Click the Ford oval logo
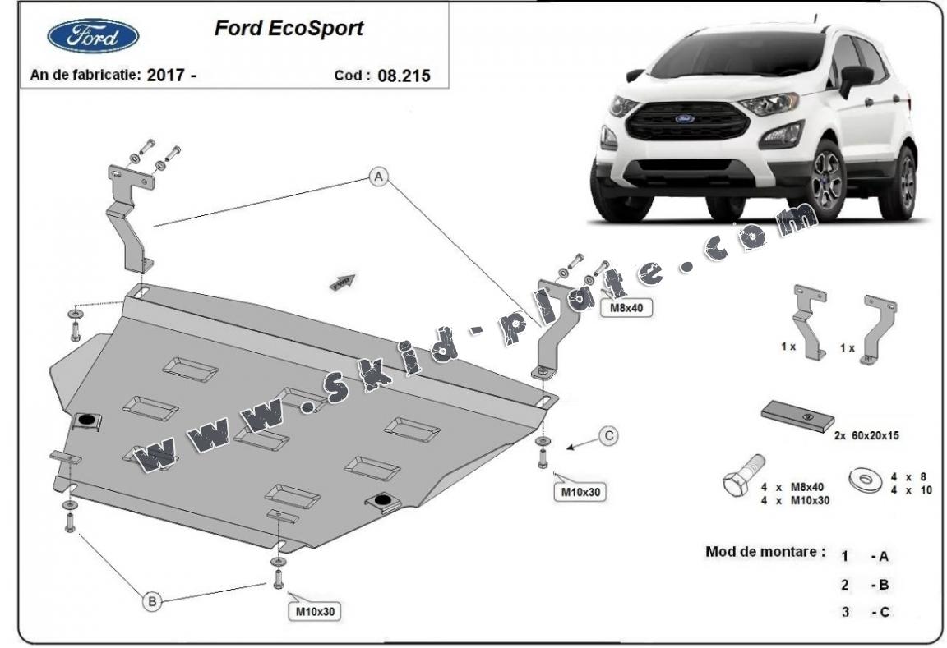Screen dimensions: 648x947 click(x=92, y=35)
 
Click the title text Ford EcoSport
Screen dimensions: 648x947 click(x=289, y=29)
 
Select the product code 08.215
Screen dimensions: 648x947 click(x=403, y=76)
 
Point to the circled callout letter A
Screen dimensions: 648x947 click(x=378, y=176)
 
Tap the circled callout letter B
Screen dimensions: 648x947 click(x=152, y=602)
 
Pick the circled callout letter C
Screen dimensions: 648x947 click(x=607, y=436)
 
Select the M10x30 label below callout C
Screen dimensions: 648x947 click(x=582, y=492)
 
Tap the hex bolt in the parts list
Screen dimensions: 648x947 click(x=741, y=476)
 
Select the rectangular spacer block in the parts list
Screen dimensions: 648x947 click(x=797, y=416)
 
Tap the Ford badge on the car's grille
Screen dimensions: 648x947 click(x=685, y=118)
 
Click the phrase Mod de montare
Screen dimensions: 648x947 click(x=765, y=551)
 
